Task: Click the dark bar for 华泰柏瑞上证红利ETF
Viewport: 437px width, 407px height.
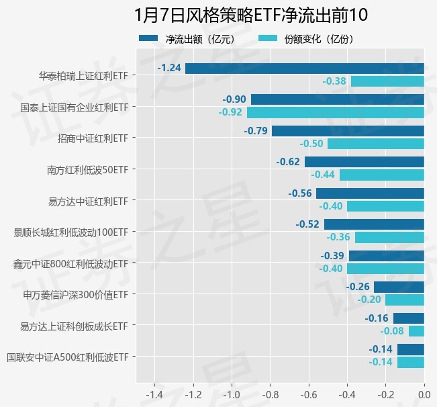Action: coord(305,69)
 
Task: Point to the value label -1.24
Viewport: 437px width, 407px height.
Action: coord(169,69)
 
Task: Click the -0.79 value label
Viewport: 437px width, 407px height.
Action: coord(256,131)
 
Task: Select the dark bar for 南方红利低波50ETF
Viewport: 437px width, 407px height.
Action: coord(365,162)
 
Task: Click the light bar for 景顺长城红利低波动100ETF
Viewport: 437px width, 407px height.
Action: coord(389,237)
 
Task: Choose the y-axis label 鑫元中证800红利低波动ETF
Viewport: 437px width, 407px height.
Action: coord(70,263)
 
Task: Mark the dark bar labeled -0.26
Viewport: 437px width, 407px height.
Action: coord(399,287)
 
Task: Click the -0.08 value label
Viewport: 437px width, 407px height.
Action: coord(392,331)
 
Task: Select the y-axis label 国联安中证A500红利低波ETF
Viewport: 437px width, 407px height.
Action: coord(67,357)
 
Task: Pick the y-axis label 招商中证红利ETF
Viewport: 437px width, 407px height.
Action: coord(93,138)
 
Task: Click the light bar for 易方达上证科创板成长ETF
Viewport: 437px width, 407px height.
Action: coord(416,331)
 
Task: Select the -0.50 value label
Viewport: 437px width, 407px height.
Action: coord(311,144)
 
